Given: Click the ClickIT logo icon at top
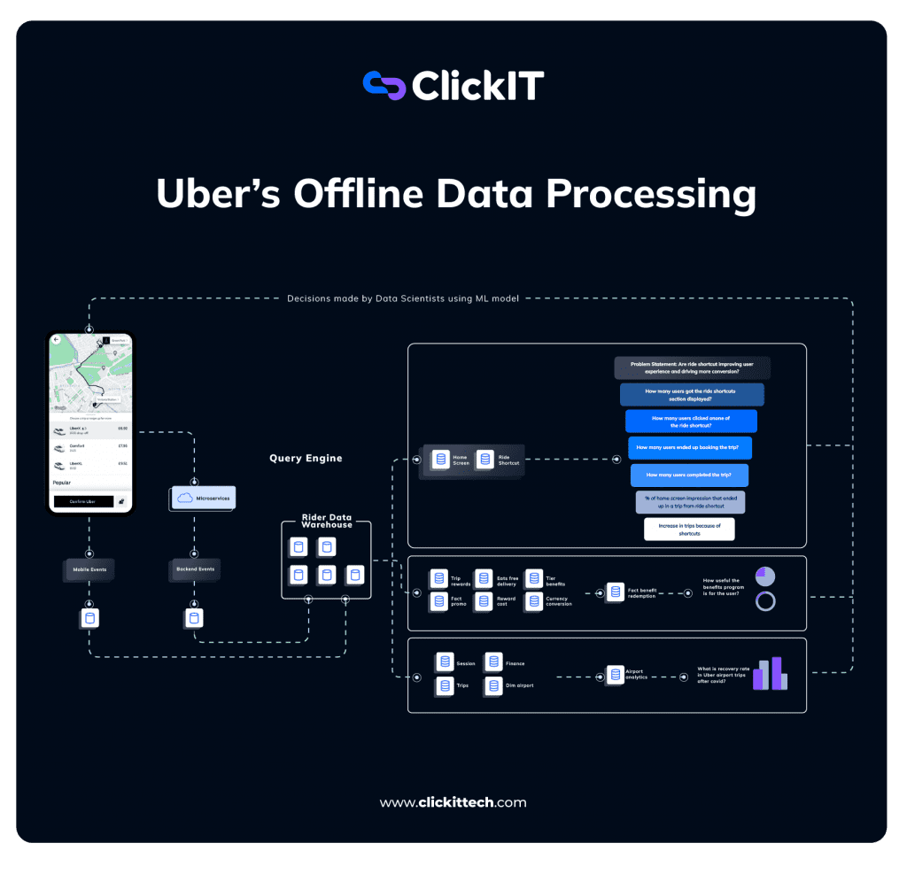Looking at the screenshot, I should (384, 86).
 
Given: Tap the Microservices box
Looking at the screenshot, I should (202, 499).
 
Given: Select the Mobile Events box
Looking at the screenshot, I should (89, 569).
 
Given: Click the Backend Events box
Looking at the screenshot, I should (194, 569).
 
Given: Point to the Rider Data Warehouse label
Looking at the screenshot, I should (325, 520).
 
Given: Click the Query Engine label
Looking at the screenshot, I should (305, 459).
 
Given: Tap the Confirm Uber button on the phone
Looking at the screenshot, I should (83, 501).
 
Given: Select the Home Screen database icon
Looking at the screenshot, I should (440, 460).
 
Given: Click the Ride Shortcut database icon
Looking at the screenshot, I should (485, 460).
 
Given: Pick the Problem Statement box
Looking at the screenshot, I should (693, 367).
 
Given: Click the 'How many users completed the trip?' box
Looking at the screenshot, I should (690, 476).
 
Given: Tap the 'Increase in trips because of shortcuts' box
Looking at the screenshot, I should (689, 530).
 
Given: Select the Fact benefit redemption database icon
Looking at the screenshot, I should (616, 592).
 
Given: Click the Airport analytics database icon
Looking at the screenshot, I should (615, 675).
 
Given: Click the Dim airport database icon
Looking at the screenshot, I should (492, 685).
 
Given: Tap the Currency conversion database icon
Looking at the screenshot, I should (534, 601).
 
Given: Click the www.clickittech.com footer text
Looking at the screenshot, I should (453, 803).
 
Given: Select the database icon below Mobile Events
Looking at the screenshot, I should (89, 618).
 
